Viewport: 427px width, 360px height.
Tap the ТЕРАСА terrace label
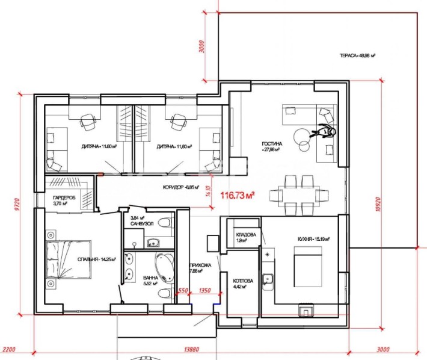(x=357, y=55)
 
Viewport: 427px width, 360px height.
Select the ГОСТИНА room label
(x=270, y=147)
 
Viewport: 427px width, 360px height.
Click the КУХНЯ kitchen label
(x=313, y=238)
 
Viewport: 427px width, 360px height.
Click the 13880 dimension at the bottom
(x=192, y=349)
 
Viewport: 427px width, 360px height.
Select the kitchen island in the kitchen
(x=307, y=266)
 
